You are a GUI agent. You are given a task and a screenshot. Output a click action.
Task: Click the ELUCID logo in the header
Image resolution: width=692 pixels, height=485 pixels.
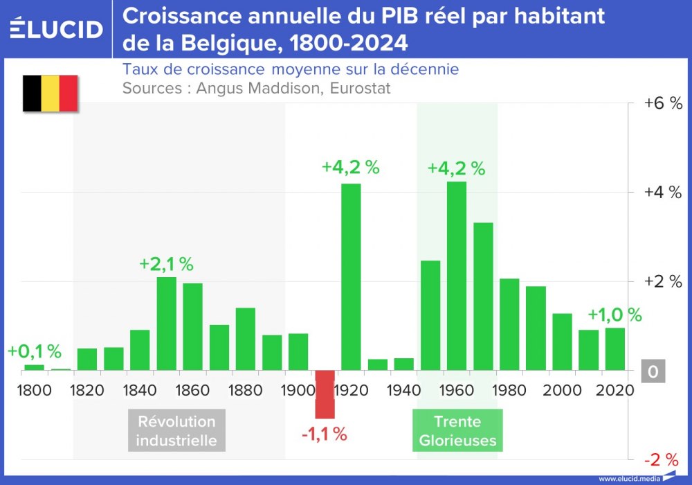[x=57, y=29]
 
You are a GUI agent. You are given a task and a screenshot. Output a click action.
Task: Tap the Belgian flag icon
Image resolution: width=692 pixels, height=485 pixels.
[x=50, y=94]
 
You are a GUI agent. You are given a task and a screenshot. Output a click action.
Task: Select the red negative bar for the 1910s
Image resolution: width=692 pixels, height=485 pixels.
[x=325, y=394]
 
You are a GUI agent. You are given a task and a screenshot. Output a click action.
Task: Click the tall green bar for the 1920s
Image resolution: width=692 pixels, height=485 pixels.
[x=351, y=276]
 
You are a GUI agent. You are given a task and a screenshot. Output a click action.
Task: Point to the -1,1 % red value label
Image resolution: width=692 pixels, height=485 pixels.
[x=324, y=434]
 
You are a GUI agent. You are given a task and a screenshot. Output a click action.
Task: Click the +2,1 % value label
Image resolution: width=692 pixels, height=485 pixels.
[x=166, y=264]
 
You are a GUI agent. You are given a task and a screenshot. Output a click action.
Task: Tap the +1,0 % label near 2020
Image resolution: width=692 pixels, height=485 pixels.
[x=614, y=315]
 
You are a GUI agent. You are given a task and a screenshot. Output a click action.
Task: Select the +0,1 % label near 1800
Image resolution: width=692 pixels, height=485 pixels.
[x=35, y=351]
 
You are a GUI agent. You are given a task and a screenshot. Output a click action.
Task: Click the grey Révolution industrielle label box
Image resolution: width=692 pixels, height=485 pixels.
[x=176, y=430]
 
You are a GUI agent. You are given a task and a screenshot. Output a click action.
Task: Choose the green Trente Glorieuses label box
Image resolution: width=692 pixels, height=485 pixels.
[x=457, y=430]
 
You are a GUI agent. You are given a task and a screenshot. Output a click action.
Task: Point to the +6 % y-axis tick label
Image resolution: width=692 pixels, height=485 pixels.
[x=663, y=103]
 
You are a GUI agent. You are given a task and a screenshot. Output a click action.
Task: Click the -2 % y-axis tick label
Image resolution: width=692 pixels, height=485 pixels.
[x=663, y=460]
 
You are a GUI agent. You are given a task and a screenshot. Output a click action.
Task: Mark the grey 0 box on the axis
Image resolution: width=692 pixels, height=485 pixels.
[x=653, y=372]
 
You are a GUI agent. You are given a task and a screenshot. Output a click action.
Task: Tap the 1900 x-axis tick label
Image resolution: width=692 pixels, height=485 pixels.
[x=298, y=390]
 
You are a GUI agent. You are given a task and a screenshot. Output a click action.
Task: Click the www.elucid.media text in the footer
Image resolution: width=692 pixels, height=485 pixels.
[x=628, y=479]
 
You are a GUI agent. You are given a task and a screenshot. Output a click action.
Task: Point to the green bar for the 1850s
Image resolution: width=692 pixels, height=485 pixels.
[x=166, y=324]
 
